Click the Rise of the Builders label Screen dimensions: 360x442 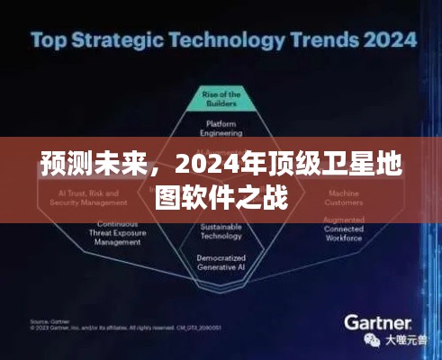click(x=221, y=98)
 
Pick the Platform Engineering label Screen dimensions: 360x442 click(x=221, y=127)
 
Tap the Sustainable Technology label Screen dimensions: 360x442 click(x=221, y=230)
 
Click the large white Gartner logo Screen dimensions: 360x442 click(x=377, y=321)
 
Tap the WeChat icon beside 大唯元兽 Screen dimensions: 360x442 click(x=374, y=340)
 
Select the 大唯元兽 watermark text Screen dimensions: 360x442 click(x=403, y=340)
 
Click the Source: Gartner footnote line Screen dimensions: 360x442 click(x=50, y=320)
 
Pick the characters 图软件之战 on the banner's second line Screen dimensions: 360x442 click(x=221, y=197)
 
